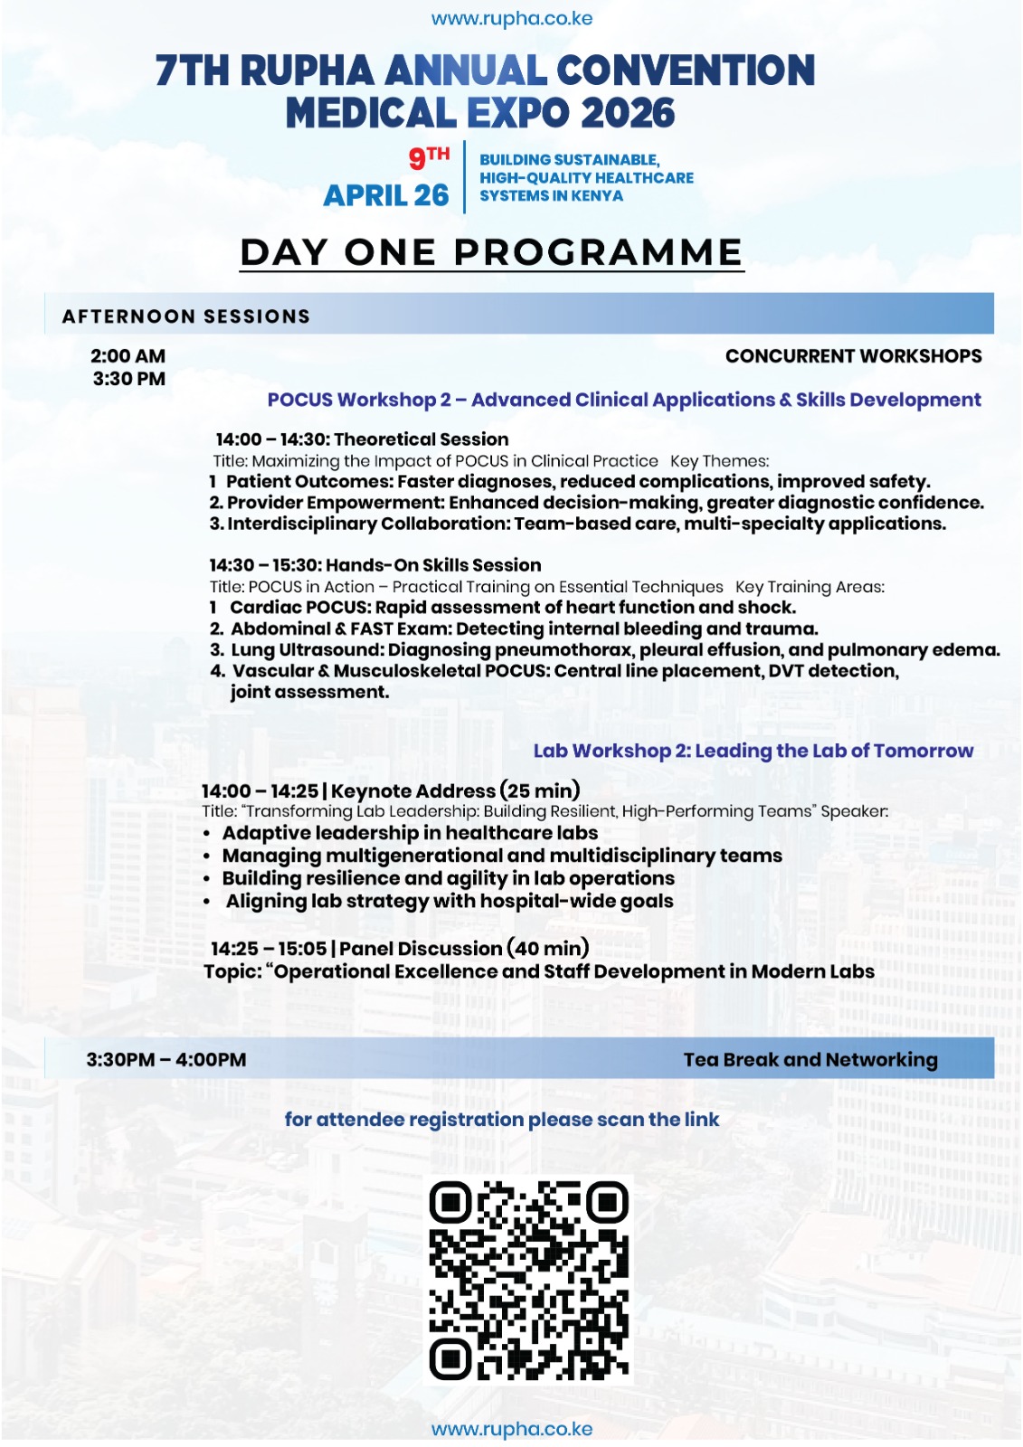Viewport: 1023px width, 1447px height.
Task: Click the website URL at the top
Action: (511, 19)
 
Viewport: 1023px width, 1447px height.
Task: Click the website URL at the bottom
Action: (511, 1429)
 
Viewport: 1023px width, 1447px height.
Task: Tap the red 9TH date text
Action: (429, 157)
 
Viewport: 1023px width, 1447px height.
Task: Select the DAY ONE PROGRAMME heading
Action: (491, 252)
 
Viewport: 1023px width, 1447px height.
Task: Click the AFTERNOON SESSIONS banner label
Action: (185, 317)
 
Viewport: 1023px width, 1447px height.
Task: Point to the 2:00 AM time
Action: (128, 356)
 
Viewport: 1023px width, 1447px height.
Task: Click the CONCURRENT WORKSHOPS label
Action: (853, 356)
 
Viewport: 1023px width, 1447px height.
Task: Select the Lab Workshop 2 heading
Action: (753, 751)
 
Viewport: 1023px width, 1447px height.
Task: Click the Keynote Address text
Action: (413, 791)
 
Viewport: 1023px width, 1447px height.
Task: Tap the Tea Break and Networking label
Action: (810, 1060)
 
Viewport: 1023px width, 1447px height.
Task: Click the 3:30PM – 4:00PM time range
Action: (166, 1060)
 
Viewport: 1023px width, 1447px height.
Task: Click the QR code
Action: (529, 1279)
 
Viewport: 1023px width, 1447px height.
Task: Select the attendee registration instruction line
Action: (502, 1120)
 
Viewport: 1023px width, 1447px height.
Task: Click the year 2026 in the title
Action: (628, 114)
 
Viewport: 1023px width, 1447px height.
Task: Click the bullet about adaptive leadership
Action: (410, 833)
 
